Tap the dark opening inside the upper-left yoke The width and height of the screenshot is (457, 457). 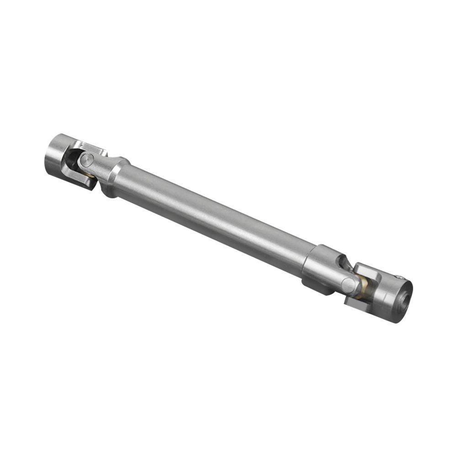[x=72, y=159]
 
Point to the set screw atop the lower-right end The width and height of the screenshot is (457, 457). [x=400, y=277]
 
